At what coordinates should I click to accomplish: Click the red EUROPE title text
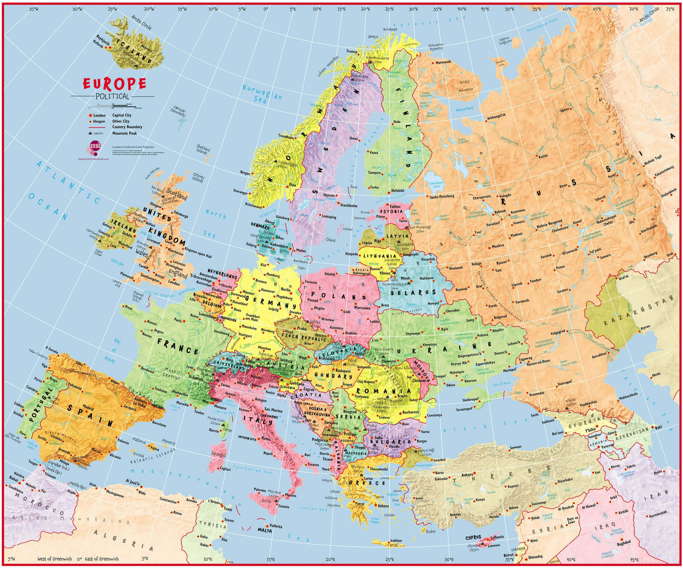(114, 84)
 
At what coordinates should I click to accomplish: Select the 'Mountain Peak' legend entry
(125, 133)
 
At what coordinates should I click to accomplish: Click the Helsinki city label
(397, 191)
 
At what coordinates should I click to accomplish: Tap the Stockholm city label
(349, 206)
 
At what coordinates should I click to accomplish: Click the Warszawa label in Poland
(362, 307)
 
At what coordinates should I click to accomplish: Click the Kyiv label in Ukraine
(444, 329)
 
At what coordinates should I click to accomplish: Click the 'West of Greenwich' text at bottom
(55, 559)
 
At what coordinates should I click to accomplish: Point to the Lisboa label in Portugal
(19, 404)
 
